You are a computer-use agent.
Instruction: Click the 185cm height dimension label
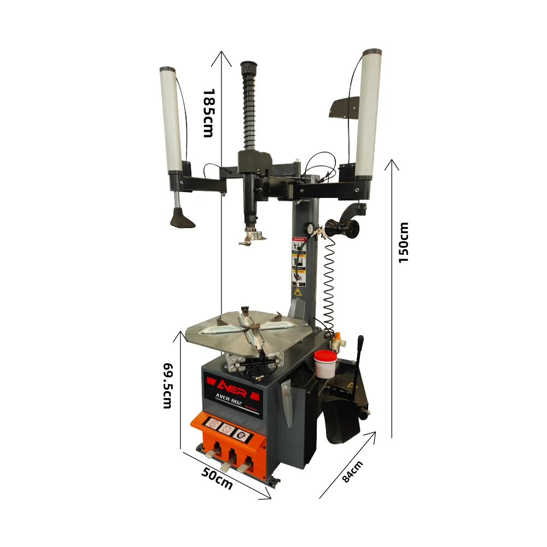tap(208, 113)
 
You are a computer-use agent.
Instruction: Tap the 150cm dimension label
tap(404, 242)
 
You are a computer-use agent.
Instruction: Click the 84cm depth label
tap(353, 472)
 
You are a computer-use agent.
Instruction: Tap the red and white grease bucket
tap(325, 364)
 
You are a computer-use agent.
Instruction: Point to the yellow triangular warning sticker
tap(299, 293)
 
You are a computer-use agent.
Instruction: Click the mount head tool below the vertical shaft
tap(252, 236)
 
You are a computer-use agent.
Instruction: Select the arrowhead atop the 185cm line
tap(222, 53)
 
